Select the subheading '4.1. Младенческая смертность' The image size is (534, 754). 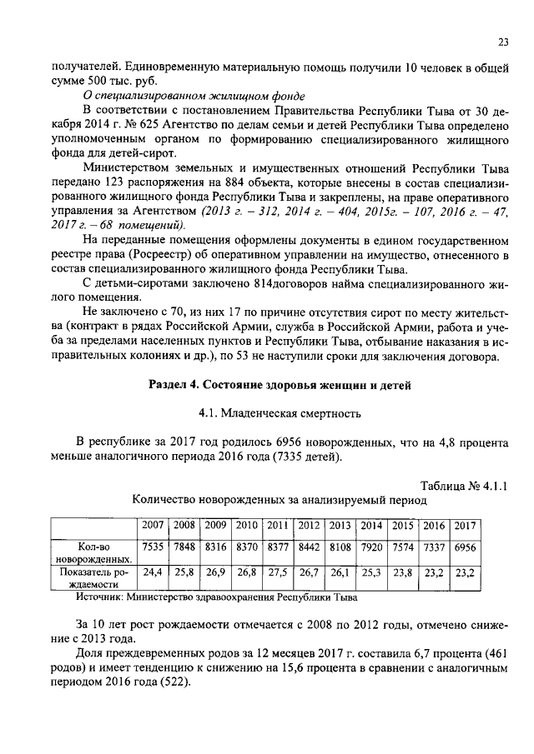pos(279,412)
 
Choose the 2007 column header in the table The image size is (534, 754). pos(153,525)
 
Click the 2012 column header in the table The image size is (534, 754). pos(310,525)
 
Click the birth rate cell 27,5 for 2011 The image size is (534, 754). pos(278,573)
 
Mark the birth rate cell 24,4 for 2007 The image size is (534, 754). pos(153,573)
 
